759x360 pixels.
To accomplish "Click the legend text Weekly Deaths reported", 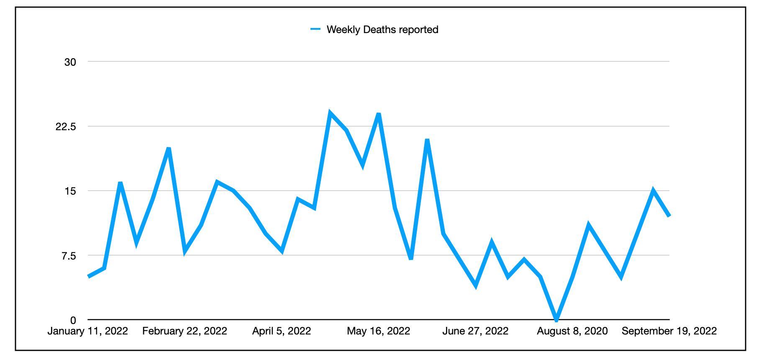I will coord(382,30).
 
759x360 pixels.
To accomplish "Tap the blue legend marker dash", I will coord(315,29).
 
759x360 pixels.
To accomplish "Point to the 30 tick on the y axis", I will coord(70,62).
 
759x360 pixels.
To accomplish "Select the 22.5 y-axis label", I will coord(66,126).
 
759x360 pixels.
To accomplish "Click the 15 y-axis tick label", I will coord(70,191).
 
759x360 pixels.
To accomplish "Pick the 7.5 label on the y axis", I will coord(69,255).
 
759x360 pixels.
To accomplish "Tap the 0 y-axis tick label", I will coord(73,320).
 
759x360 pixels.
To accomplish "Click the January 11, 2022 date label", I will coord(88,331).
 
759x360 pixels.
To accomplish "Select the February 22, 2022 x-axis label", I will coord(185,331).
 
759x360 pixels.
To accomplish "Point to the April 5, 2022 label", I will coord(282,331).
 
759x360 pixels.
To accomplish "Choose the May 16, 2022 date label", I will coord(379,331).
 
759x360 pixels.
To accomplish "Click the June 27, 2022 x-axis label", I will coord(475,331).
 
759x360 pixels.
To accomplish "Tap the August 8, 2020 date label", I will coord(572,331).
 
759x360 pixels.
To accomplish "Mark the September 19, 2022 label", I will coord(669,331).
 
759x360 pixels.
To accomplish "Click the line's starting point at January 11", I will coord(89,276).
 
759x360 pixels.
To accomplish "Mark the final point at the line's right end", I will coord(669,216).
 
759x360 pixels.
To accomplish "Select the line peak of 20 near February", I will coord(169,149).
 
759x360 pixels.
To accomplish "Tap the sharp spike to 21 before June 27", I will coord(427,140).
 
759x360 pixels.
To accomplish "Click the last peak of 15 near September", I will coord(653,191).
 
